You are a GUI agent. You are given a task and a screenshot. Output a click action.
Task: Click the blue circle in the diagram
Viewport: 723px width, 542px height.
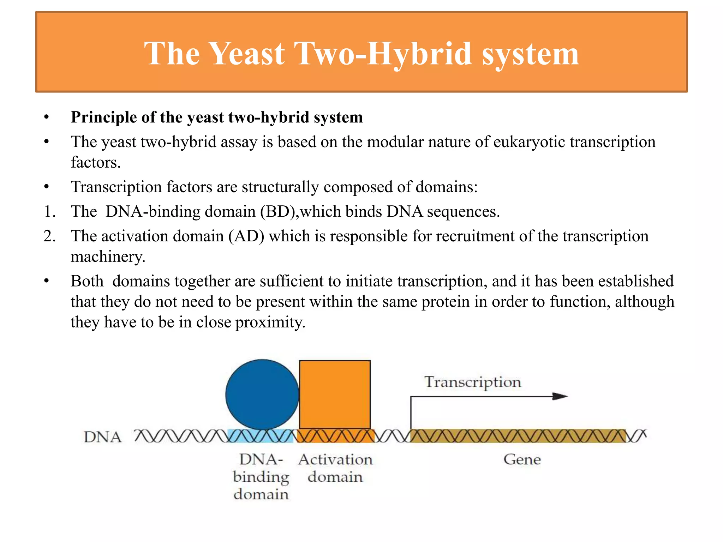click(x=262, y=394)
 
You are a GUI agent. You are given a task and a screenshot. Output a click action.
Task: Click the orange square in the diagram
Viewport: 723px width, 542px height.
click(x=335, y=394)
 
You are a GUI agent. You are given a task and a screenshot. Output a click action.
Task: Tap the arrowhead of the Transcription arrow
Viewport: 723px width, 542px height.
click(x=560, y=396)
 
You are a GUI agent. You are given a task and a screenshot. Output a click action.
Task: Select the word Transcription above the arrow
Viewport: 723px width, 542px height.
click(x=473, y=382)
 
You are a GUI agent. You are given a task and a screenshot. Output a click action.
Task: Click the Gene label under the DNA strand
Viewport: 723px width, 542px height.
click(x=522, y=459)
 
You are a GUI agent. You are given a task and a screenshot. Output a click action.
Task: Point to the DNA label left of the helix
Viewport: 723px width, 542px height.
click(x=102, y=437)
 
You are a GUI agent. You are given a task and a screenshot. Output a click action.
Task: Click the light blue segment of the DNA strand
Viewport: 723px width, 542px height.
click(x=260, y=436)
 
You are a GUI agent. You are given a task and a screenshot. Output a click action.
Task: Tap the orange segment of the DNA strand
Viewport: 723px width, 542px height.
click(x=335, y=436)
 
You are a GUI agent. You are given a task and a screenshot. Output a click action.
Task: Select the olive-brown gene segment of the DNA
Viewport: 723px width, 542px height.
click(x=518, y=436)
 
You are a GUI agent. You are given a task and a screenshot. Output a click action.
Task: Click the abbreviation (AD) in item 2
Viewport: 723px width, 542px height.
click(x=246, y=236)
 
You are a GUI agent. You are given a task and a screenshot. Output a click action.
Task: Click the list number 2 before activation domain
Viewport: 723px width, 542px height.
click(x=49, y=236)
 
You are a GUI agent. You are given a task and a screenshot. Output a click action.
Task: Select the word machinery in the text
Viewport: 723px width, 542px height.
click(x=108, y=257)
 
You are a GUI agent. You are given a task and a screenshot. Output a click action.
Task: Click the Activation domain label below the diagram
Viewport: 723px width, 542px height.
click(x=335, y=468)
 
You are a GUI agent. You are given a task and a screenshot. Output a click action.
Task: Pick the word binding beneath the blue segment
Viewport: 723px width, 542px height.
click(x=261, y=477)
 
